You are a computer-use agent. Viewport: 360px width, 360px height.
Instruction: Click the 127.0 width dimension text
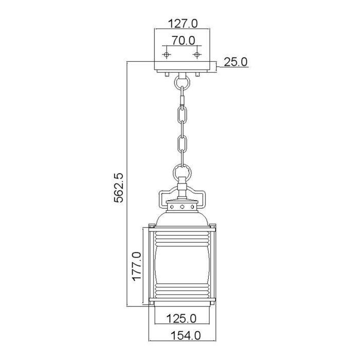(x=183, y=23)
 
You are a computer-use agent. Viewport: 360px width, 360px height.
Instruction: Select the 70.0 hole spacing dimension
(x=183, y=40)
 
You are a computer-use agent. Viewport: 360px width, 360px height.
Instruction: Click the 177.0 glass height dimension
(x=136, y=265)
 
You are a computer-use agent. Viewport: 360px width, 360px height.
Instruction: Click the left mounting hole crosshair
(x=166, y=53)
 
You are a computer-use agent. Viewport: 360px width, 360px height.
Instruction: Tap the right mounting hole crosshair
(x=197, y=53)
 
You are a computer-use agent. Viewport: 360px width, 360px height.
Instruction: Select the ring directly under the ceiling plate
(x=181, y=81)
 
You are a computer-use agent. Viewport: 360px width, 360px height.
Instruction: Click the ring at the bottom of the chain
(x=181, y=170)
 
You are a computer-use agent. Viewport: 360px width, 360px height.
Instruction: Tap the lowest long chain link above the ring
(x=181, y=149)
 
